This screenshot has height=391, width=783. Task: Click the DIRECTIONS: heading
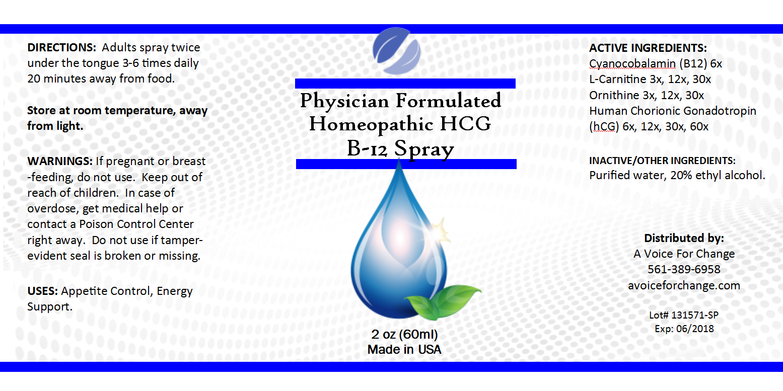[61, 47]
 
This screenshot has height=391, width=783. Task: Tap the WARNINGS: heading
[60, 161]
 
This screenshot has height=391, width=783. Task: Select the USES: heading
[42, 291]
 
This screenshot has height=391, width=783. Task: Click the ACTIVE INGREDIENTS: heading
[648, 48]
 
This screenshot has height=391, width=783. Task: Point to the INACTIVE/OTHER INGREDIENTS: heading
[662, 161]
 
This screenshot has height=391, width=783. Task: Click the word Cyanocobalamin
[632, 64]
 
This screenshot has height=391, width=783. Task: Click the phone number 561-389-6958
[684, 269]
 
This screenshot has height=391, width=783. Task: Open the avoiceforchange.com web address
[684, 285]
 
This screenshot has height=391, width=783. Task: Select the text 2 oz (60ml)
[404, 335]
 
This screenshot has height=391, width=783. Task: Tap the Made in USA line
[404, 349]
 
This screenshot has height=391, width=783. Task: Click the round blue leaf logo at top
[396, 51]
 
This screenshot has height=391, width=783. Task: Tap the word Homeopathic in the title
[371, 124]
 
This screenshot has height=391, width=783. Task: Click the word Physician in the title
[344, 101]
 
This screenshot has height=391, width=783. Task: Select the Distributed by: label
[684, 239]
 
